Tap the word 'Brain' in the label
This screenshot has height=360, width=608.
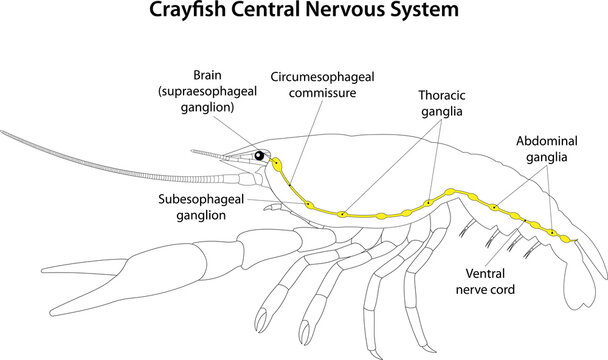coord(210,75)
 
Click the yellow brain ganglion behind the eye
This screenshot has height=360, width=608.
coord(276,161)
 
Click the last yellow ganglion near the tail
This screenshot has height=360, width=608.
coord(567,239)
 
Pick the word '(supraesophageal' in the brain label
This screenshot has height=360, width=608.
coord(210,92)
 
